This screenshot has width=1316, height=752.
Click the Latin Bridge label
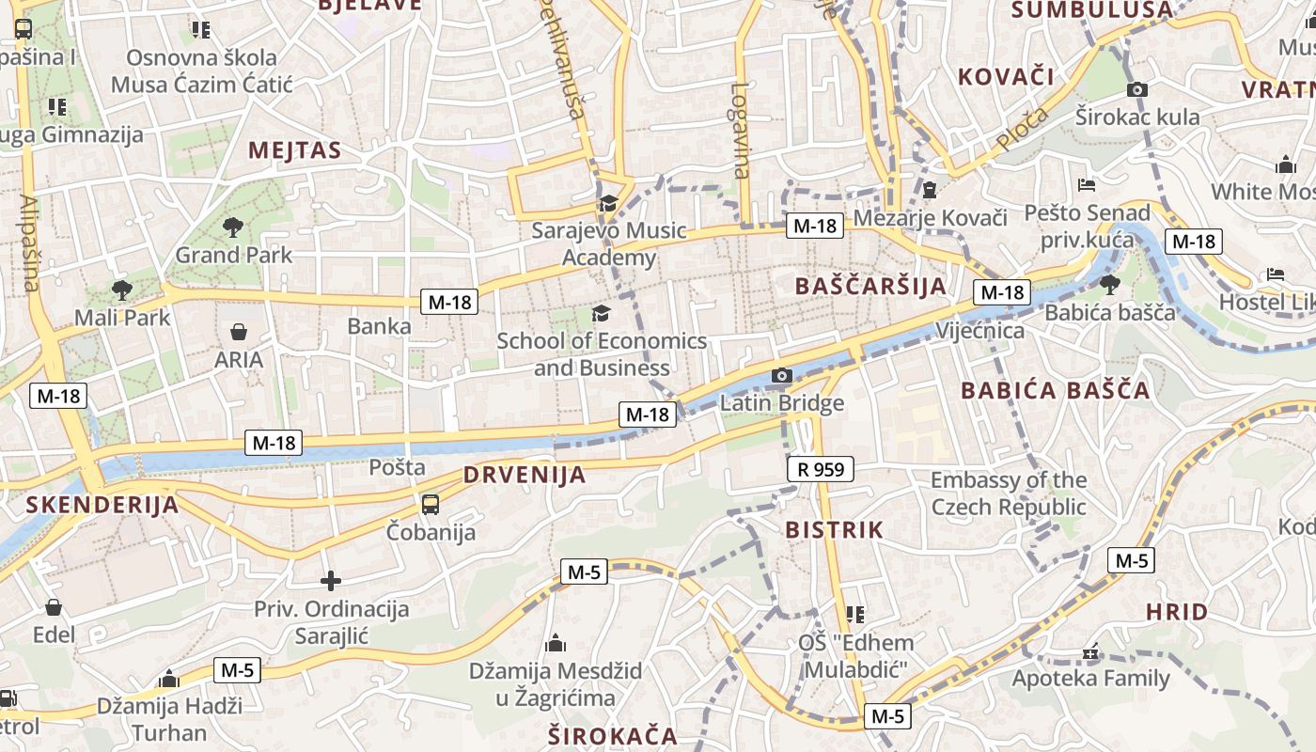(x=782, y=403)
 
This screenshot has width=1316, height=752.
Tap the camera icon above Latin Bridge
(x=781, y=376)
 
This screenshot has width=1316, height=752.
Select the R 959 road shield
(x=820, y=468)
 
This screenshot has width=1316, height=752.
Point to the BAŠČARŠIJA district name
(x=870, y=287)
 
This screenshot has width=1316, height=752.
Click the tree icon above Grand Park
(x=233, y=227)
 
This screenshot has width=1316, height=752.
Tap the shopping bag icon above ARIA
(x=239, y=332)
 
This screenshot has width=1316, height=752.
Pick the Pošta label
(x=397, y=467)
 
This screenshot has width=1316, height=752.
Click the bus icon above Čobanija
(x=431, y=505)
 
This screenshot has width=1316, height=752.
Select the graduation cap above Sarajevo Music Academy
(x=608, y=203)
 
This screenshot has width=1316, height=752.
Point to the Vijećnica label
(x=979, y=331)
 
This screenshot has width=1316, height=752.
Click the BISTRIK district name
(x=835, y=530)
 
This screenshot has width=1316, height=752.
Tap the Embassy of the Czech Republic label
(x=1009, y=493)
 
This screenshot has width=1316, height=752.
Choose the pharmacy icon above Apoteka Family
(x=1090, y=651)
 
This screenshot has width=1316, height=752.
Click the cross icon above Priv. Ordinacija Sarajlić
(x=331, y=581)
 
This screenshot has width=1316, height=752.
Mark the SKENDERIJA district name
(x=102, y=505)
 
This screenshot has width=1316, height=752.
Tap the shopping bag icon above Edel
(x=54, y=607)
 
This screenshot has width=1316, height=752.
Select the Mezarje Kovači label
(x=930, y=218)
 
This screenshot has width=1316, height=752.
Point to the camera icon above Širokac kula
(x=1137, y=89)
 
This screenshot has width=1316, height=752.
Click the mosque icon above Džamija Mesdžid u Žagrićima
(x=556, y=644)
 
